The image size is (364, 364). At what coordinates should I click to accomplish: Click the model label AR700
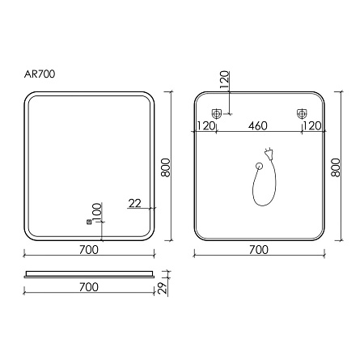click(40, 74)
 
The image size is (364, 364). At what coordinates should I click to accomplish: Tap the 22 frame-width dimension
click(135, 203)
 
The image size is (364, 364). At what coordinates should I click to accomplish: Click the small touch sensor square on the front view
click(89, 222)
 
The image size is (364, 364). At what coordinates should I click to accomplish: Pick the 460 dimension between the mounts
click(258, 126)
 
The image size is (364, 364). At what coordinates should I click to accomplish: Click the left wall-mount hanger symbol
click(216, 113)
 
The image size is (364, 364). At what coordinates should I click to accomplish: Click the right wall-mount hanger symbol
click(302, 113)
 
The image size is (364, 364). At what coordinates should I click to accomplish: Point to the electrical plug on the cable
click(269, 154)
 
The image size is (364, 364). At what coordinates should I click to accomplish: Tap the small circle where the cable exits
click(259, 166)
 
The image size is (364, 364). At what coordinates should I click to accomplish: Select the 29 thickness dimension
click(163, 289)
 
